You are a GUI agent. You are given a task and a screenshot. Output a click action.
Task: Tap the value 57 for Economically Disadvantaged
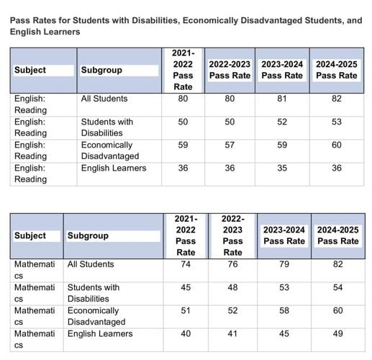[230, 145]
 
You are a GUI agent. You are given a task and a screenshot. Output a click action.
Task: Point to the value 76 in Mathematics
[232, 264]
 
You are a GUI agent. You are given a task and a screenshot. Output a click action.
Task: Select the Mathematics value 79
[284, 264]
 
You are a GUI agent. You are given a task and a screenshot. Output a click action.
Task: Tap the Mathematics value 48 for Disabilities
[232, 287]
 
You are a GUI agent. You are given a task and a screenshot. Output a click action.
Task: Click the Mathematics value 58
[284, 310]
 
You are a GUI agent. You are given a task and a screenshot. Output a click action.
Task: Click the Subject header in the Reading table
[30, 70]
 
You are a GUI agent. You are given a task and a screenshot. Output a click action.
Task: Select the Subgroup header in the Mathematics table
[89, 235]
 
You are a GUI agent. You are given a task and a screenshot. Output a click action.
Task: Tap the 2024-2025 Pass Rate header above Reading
[336, 70]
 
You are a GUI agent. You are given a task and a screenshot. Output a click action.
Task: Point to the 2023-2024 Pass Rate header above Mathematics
[284, 235]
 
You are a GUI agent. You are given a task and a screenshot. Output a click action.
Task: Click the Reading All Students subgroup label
[104, 99]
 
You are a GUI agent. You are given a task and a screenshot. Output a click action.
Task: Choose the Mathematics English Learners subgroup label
[100, 333]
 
